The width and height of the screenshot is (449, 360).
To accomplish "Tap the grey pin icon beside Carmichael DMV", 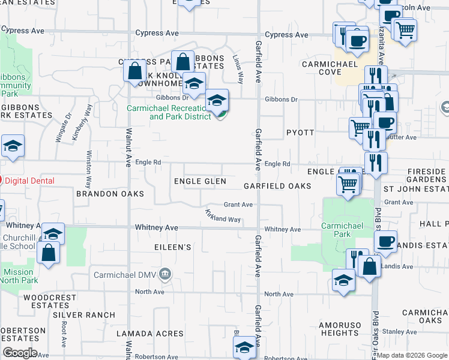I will pyautogui.click(x=166, y=275).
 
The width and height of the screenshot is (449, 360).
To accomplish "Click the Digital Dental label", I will pyautogui.click(x=29, y=181).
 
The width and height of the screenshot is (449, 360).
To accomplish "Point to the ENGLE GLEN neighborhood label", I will pyautogui.click(x=200, y=181).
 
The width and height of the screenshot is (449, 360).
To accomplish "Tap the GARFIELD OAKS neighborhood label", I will pyautogui.click(x=277, y=186).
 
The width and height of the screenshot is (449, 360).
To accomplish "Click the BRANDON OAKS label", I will pyautogui.click(x=110, y=194).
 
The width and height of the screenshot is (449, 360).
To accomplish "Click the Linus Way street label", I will pyautogui.click(x=237, y=69).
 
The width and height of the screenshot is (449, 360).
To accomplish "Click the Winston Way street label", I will pyautogui.click(x=88, y=170).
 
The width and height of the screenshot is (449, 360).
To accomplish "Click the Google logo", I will pyautogui.click(x=20, y=353).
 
